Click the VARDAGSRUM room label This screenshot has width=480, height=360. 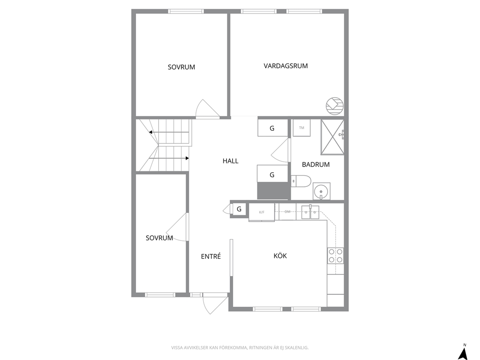(x=285, y=66)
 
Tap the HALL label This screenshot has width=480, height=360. (x=230, y=161)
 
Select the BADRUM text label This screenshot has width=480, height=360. (x=315, y=165)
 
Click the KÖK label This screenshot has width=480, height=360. (x=280, y=255)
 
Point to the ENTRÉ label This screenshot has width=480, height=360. (x=211, y=256)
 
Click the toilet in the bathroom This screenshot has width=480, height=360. (x=301, y=181)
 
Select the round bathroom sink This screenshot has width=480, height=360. (x=321, y=191)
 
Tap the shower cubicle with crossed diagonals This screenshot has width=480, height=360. (x=332, y=137)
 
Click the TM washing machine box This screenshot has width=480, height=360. (x=301, y=128)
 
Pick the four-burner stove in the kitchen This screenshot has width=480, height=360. (x=335, y=256)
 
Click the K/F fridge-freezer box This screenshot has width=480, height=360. (x=261, y=212)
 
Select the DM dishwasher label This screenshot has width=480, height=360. (x=287, y=211)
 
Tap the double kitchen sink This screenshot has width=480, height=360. (x=311, y=212)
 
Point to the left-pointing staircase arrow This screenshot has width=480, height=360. (x=169, y=132)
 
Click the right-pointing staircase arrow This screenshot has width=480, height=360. (x=169, y=158)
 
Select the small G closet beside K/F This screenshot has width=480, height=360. (x=239, y=210)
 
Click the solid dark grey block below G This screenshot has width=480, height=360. (x=273, y=191)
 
